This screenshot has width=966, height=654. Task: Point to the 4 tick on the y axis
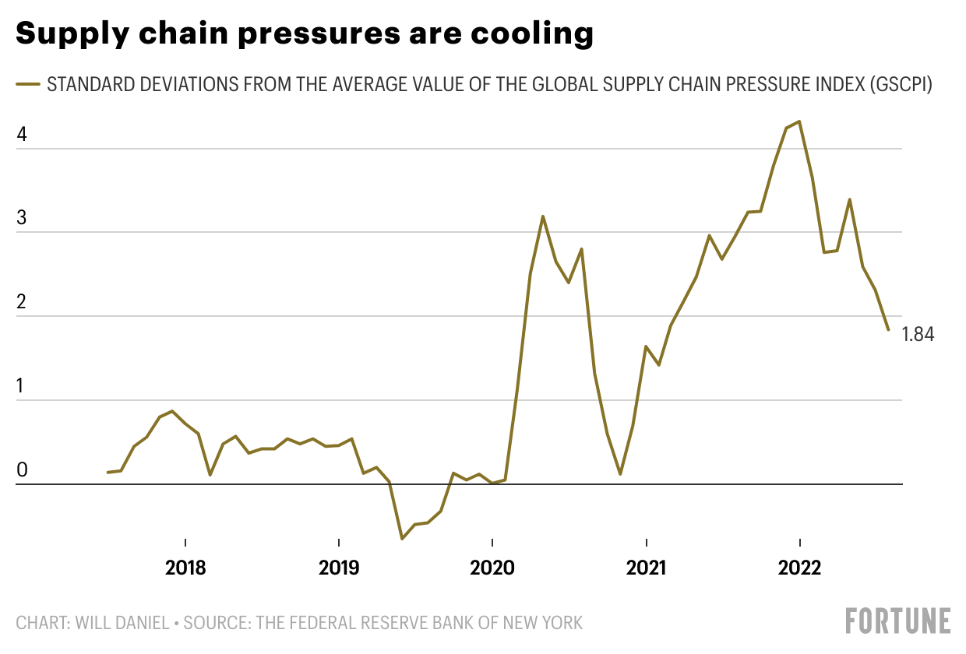(x=22, y=134)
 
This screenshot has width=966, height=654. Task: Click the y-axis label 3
(x=22, y=218)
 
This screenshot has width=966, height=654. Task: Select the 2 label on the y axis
(x=22, y=302)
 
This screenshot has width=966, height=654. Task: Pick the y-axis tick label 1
(x=22, y=386)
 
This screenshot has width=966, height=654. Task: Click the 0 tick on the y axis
(x=22, y=470)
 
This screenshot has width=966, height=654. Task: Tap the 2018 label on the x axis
(x=185, y=568)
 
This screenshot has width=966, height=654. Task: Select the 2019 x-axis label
(x=339, y=568)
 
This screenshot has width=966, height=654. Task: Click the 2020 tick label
(x=492, y=568)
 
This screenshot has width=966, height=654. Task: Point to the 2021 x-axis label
(x=646, y=568)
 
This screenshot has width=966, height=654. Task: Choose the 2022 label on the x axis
(x=799, y=568)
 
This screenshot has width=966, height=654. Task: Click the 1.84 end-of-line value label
(x=918, y=335)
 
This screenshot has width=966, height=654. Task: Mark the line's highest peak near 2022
(x=799, y=121)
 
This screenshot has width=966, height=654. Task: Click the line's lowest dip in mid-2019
(x=402, y=539)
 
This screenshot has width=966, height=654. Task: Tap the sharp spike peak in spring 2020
(x=543, y=216)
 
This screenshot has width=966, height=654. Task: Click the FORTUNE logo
(x=898, y=621)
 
